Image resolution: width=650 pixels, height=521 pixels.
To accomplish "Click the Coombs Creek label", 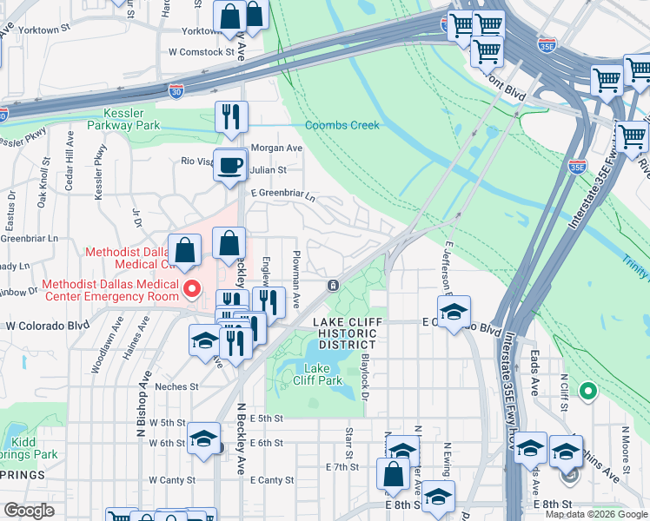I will click(342, 125).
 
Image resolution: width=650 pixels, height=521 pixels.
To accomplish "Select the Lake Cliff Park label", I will click(317, 373).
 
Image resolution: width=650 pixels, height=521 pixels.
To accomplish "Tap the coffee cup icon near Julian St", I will click(230, 164).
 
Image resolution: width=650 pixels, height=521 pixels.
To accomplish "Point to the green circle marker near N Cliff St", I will click(588, 392).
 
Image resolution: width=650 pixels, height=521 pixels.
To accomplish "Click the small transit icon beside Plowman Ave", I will click(332, 286).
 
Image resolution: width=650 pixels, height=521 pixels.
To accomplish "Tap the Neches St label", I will click(176, 386).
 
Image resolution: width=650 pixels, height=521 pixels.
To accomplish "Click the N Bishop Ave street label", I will click(139, 409).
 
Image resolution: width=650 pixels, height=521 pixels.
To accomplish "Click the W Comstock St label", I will click(202, 51).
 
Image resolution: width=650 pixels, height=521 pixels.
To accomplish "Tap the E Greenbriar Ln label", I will click(282, 195).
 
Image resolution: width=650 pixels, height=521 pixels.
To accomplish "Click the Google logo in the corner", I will click(29, 511).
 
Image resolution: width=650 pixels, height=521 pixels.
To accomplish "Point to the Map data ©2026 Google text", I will click(595, 514).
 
